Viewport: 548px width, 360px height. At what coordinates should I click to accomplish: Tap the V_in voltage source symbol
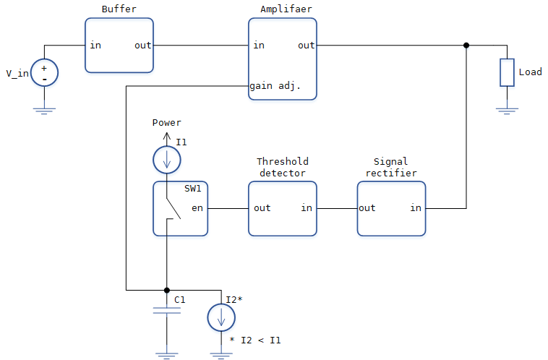coord(44,73)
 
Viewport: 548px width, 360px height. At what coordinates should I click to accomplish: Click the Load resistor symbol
coord(507,73)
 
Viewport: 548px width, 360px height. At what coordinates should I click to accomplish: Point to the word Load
coord(530,72)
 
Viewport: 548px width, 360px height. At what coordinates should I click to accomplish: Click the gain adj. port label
coord(275,86)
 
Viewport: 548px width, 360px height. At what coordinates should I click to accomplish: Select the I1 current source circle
coord(167,159)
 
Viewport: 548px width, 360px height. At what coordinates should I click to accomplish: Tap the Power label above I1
coord(166,123)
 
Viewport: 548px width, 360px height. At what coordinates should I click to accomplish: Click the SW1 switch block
coord(180,208)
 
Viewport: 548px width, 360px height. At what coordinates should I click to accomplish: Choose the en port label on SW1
coord(197,208)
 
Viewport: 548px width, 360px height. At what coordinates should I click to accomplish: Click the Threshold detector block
coord(282,208)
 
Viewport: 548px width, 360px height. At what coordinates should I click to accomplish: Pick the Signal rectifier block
coord(391,208)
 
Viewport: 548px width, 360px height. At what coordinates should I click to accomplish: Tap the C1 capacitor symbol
coord(167,311)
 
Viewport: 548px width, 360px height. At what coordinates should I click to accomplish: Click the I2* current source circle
coord(221,317)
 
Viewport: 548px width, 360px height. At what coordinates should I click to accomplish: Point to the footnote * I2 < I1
coord(255,339)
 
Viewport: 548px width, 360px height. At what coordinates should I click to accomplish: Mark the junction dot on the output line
coord(466,46)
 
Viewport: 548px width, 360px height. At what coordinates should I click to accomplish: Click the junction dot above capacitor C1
coord(167,290)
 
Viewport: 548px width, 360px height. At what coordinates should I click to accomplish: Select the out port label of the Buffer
coord(142,46)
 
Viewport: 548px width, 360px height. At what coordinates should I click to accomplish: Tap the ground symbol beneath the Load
coord(507,111)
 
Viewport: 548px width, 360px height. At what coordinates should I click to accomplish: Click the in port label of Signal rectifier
coord(416,208)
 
